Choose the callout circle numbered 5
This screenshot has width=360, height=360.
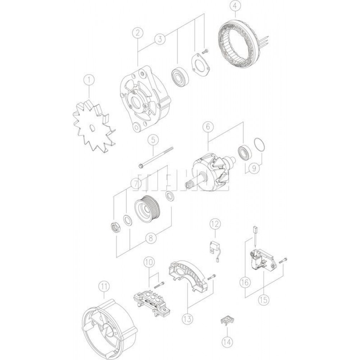tap(153, 138)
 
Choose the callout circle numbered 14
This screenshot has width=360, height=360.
tap(227, 340)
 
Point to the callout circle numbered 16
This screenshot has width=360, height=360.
tap(245, 283)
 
